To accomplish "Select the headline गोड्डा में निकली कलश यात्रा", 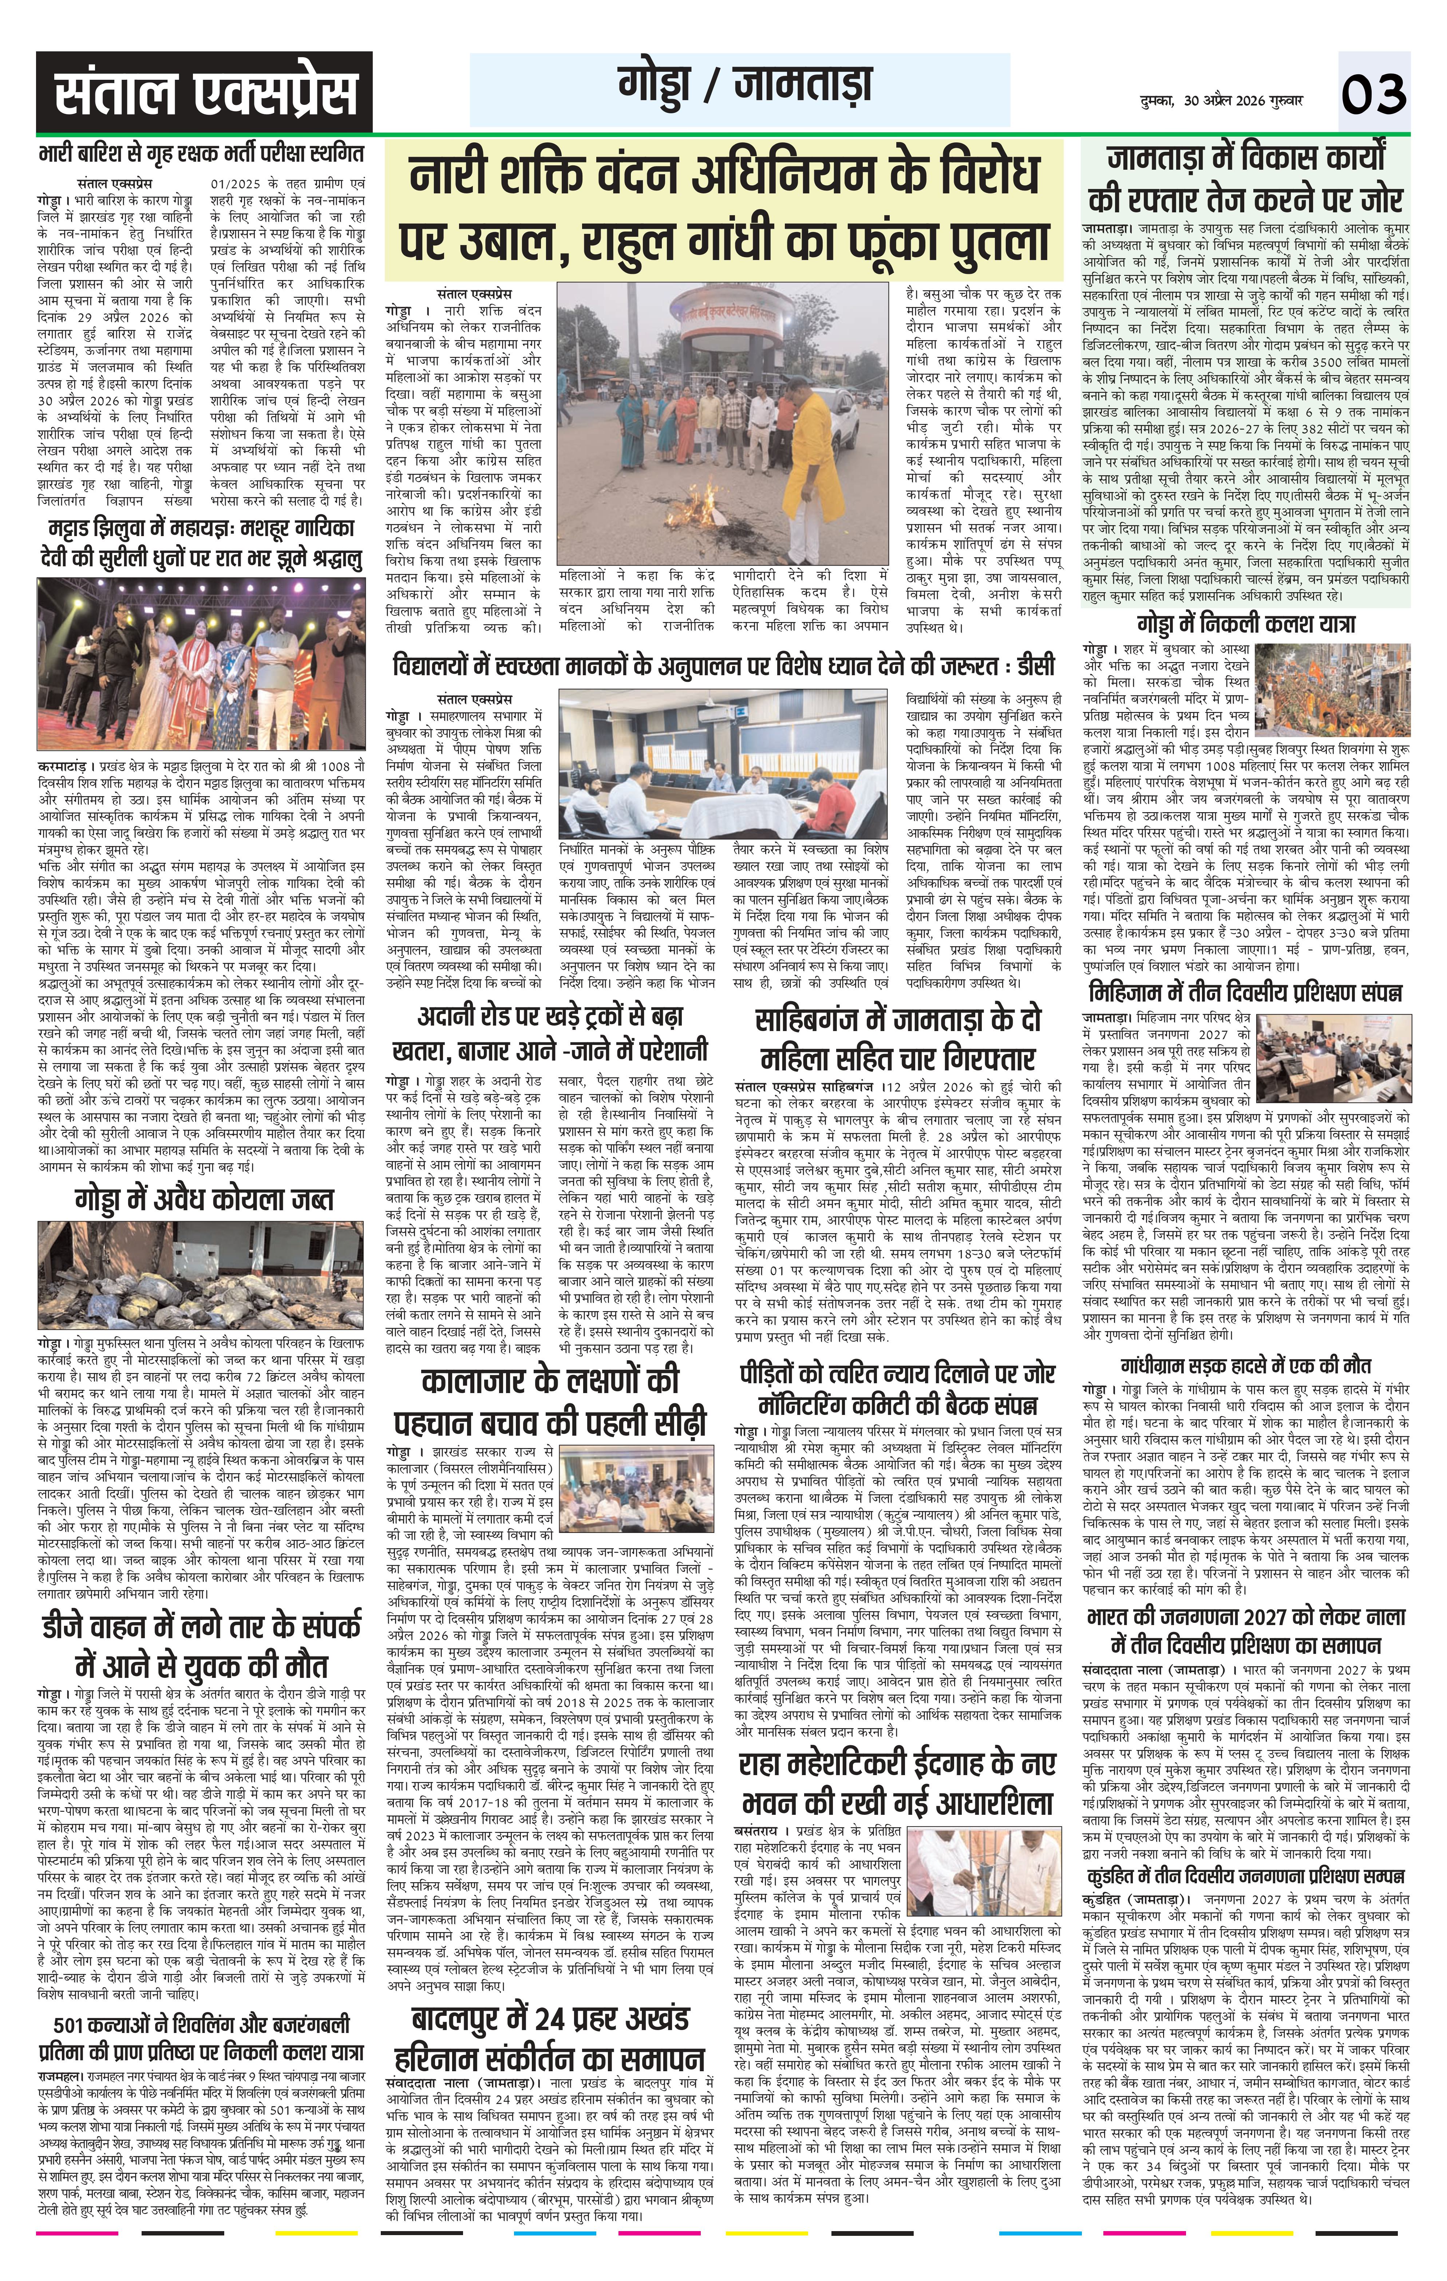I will tap(1246, 623).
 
